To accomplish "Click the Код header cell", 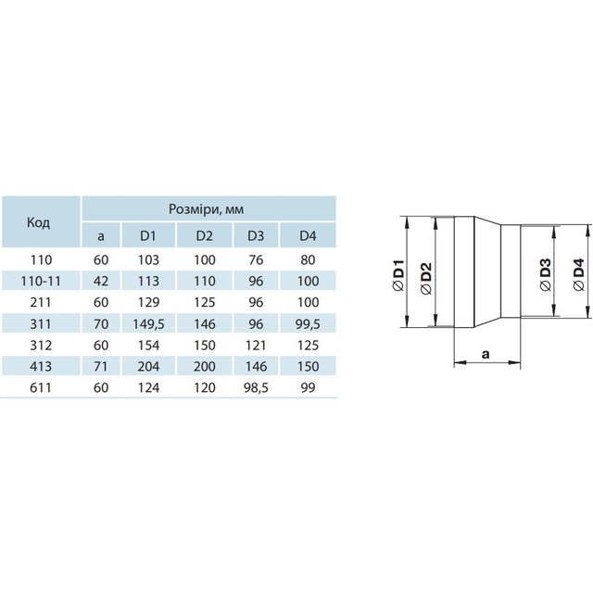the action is click(x=38, y=222).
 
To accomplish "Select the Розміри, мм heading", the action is click(x=206, y=209).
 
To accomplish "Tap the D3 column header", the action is click(x=256, y=235).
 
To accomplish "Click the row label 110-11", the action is click(x=41, y=281).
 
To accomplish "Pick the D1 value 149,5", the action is click(x=148, y=324).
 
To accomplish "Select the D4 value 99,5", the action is click(x=309, y=324).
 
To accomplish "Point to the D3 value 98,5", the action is click(x=256, y=387).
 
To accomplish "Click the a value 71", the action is click(x=101, y=367).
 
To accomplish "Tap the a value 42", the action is click(x=101, y=281).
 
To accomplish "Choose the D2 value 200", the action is click(x=205, y=367).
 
